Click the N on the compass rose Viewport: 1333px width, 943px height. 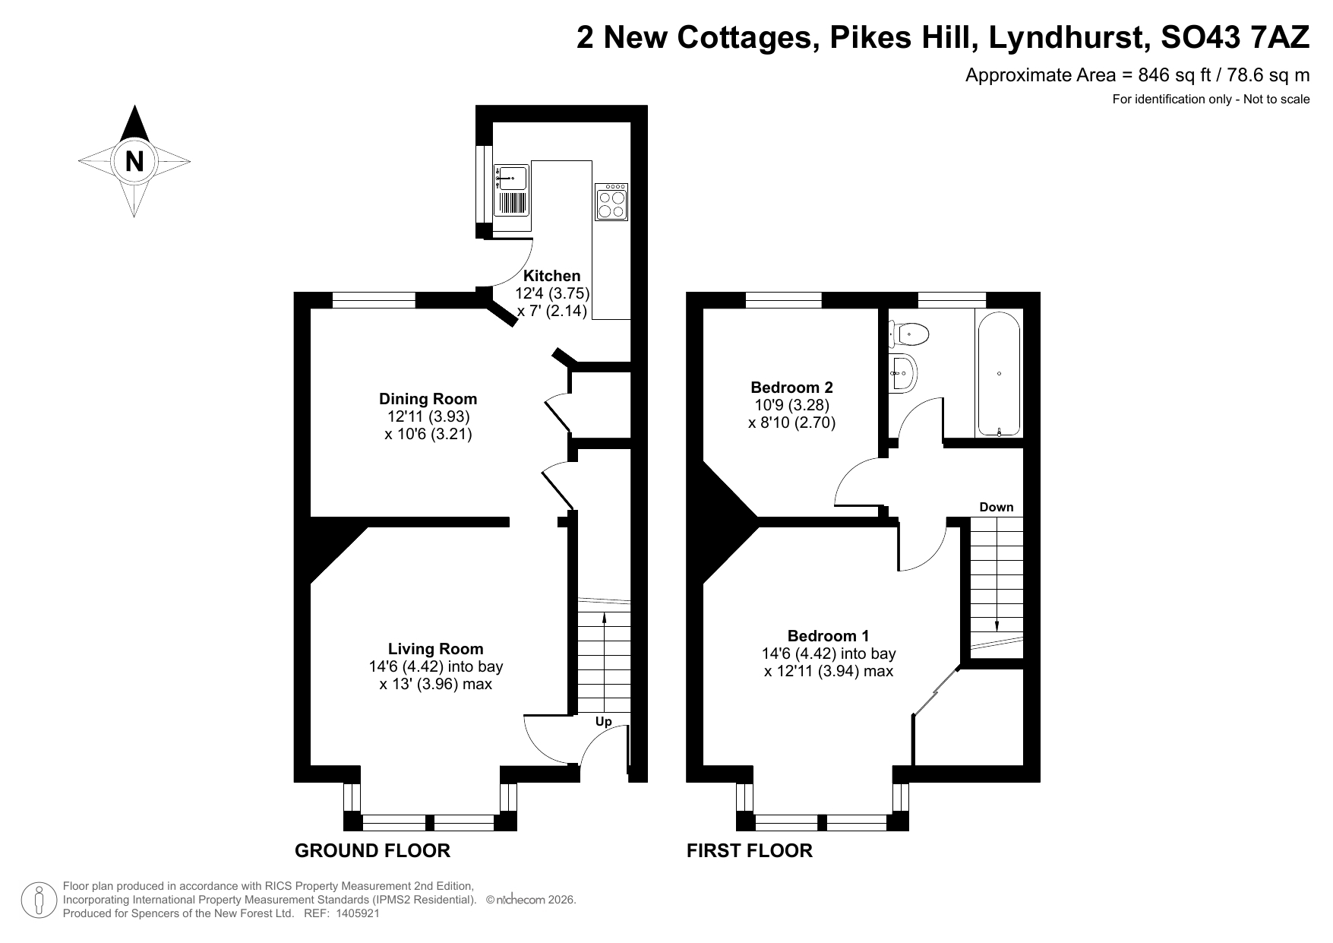134,161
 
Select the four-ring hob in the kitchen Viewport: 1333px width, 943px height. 611,201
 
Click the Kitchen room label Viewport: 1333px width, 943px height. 552,276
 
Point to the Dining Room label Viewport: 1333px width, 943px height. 428,399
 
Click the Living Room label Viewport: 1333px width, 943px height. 435,649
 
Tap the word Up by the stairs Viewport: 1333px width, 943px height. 603,721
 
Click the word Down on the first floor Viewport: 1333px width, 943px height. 997,507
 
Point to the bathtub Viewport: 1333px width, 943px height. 999,374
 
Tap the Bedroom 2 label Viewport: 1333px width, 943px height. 792,388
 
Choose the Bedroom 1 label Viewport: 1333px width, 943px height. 829,636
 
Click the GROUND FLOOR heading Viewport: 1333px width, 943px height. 372,850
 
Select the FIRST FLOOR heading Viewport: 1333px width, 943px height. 750,850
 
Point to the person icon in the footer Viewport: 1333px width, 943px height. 39,900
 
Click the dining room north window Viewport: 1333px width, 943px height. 374,300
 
